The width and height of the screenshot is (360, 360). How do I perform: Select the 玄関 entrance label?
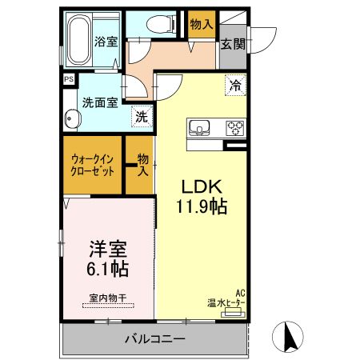pos(234,44)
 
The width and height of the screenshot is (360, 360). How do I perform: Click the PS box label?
pos(68,79)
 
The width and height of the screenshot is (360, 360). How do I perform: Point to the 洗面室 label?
pos(100,102)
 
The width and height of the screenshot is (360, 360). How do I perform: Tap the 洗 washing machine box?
pos(141,115)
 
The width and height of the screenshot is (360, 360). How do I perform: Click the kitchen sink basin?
pos(198,126)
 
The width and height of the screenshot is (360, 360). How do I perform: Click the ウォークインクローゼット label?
pos(93,165)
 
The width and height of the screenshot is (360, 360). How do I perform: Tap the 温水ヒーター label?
pos(228,302)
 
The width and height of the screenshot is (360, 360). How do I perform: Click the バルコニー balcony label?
pos(154,338)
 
